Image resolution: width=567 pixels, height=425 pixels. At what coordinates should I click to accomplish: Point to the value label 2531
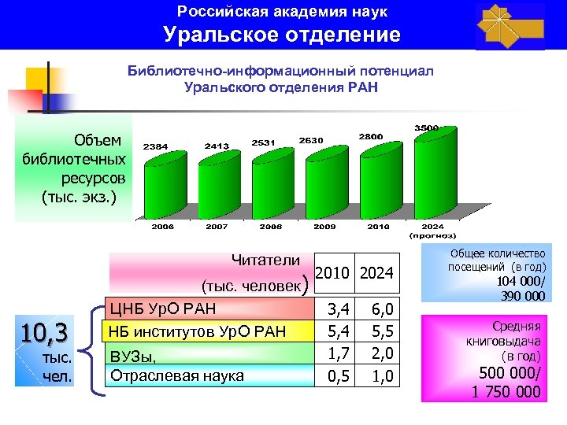(x=261, y=142)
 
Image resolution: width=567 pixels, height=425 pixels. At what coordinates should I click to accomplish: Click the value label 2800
(x=370, y=136)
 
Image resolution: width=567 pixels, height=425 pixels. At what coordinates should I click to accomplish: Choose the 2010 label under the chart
(x=377, y=226)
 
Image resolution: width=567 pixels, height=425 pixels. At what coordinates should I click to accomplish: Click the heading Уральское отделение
(x=282, y=35)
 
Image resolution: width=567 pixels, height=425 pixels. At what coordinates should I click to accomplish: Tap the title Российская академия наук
(x=282, y=12)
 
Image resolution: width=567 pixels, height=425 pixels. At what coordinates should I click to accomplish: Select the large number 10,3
(x=43, y=331)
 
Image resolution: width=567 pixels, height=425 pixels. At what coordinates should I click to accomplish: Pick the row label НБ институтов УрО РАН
(x=198, y=329)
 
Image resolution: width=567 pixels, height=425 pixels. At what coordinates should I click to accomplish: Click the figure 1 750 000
(x=506, y=391)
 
